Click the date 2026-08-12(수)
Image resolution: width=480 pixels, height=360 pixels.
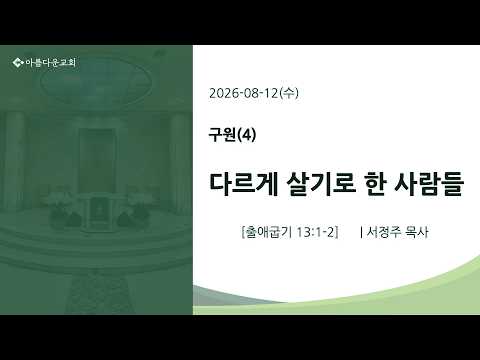coord(254,93)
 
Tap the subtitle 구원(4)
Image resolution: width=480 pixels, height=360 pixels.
coord(232,135)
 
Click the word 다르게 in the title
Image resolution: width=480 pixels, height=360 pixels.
coord(244,184)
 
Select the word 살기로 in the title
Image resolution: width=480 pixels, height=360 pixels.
coord(321,184)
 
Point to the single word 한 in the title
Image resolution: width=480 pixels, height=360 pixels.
coord(375,184)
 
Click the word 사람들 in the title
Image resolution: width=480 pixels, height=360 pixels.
coord(429,184)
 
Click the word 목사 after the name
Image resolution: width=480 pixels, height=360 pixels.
coord(417,232)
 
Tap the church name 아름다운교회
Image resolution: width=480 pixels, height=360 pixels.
coord(51,62)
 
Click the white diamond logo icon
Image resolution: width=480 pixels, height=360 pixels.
coord(18,62)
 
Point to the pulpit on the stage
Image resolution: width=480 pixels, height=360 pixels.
coord(97,211)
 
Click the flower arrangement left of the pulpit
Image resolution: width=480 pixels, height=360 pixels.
coord(63,208)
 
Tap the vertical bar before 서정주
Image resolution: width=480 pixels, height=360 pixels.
coord(361,232)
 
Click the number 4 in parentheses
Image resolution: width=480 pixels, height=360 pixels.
coord(246,135)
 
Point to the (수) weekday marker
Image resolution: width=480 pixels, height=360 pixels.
coord(289,93)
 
